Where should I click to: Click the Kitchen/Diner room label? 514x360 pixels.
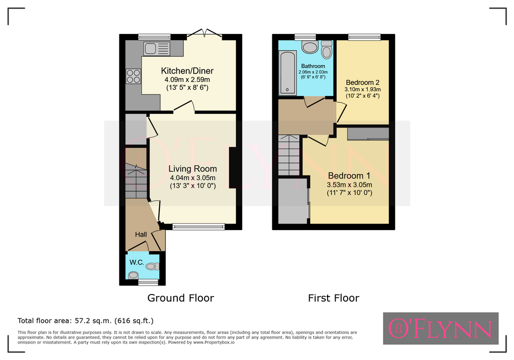point(187,70)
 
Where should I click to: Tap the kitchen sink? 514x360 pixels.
point(157,48)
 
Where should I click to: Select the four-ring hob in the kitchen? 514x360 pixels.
point(133,76)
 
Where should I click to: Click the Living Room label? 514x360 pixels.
point(193,168)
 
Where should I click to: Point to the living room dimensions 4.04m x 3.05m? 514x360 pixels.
point(193,178)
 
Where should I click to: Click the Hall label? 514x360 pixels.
point(141,234)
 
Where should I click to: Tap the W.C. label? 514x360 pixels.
point(137,262)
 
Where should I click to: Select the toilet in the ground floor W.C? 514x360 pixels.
point(152,266)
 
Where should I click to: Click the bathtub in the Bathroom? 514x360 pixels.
point(288,72)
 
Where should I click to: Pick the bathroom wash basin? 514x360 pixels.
point(310,47)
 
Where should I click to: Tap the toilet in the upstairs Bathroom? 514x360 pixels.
point(327,49)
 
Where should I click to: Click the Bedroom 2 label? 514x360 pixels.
point(363,82)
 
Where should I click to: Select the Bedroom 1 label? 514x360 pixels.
point(350,175)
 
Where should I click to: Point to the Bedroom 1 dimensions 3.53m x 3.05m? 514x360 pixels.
point(350,185)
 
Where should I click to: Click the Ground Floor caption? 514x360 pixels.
point(181,298)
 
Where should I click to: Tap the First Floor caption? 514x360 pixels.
point(334,298)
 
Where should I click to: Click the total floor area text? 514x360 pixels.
point(85,320)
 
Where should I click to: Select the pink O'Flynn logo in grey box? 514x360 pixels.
point(441,328)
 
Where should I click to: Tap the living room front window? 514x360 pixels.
point(199,226)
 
